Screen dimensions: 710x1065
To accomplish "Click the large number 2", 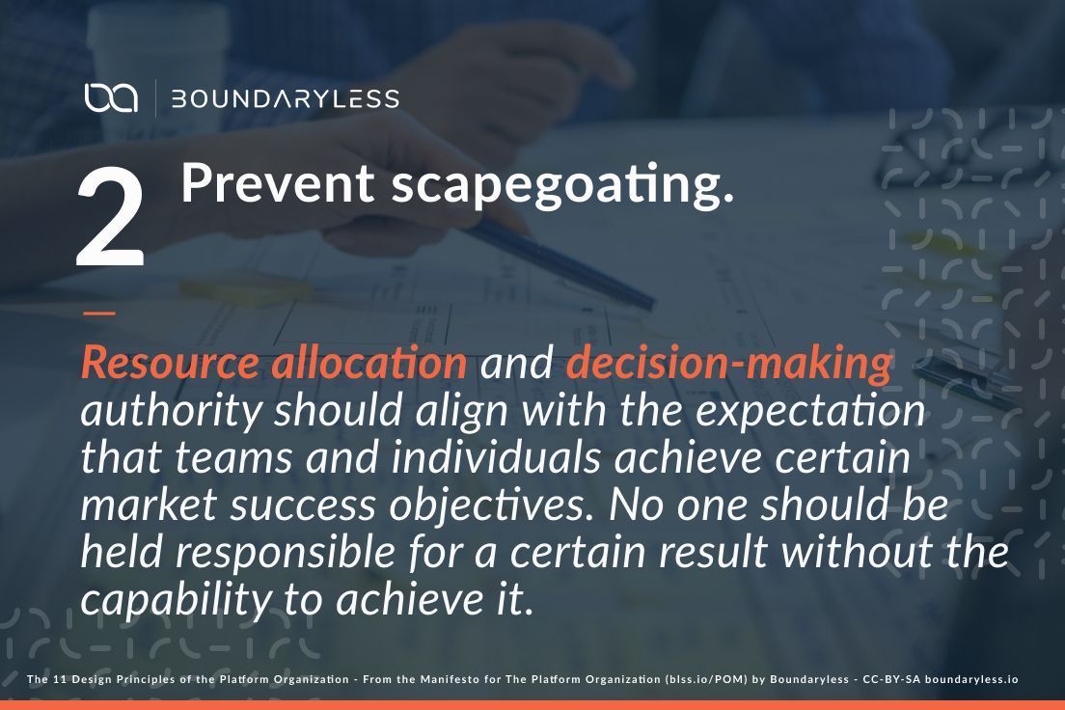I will tap(111, 220).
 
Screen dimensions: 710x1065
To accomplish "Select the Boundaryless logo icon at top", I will tap(110, 98).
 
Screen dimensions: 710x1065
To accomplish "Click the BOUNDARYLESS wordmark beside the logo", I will tap(285, 98).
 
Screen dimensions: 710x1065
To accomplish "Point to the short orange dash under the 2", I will tap(98, 313).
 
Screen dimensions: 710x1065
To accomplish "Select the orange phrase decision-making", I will tap(729, 364).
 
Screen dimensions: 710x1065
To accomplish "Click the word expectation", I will tap(810, 412).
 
